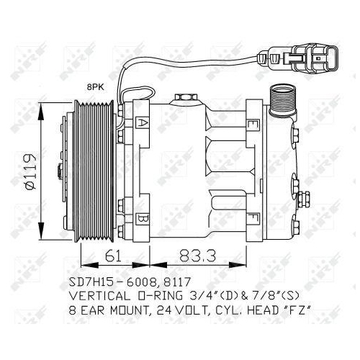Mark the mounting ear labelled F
253,217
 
